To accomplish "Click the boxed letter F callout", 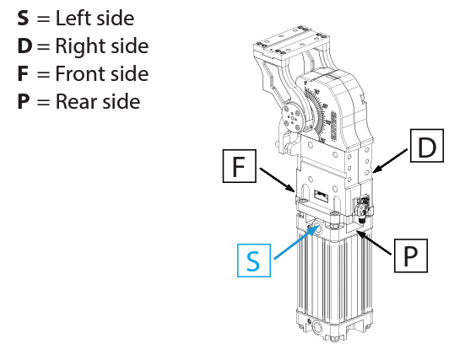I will pos(239,167).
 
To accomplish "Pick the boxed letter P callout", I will pos(411,255).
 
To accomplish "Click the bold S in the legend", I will pos(24,18).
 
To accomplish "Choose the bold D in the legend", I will pos(24,46).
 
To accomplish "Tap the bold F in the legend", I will pos(23,73).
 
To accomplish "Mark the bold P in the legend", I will pos(24,101).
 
